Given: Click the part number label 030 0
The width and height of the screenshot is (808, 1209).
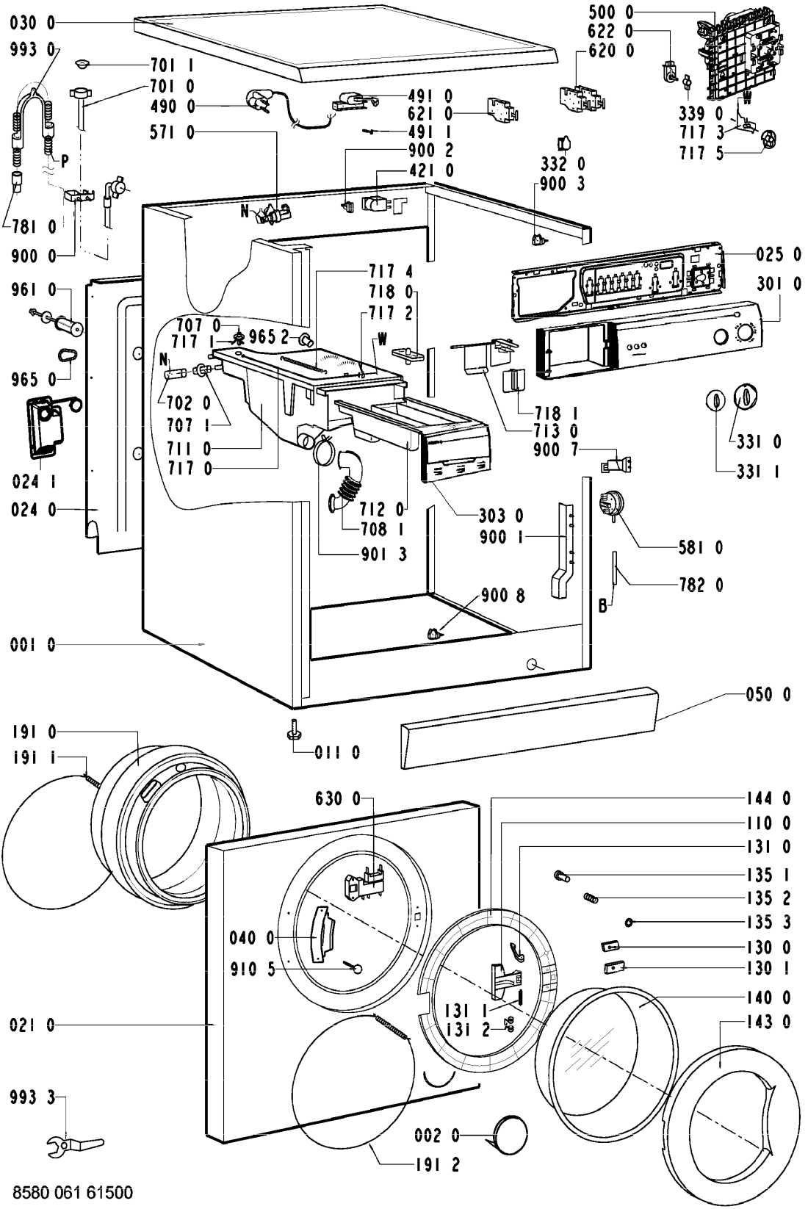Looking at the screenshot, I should pos(32,24).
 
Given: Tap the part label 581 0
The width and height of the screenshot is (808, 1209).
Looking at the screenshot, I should pos(699,546).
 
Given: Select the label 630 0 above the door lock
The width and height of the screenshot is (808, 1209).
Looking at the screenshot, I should pos(338,798).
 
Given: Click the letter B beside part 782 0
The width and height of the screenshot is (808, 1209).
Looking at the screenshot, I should pos(602,607).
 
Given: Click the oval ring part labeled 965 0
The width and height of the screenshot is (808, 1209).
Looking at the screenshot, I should pos(67,356).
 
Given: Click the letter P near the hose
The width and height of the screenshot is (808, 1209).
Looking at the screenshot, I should pos(65,161).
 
